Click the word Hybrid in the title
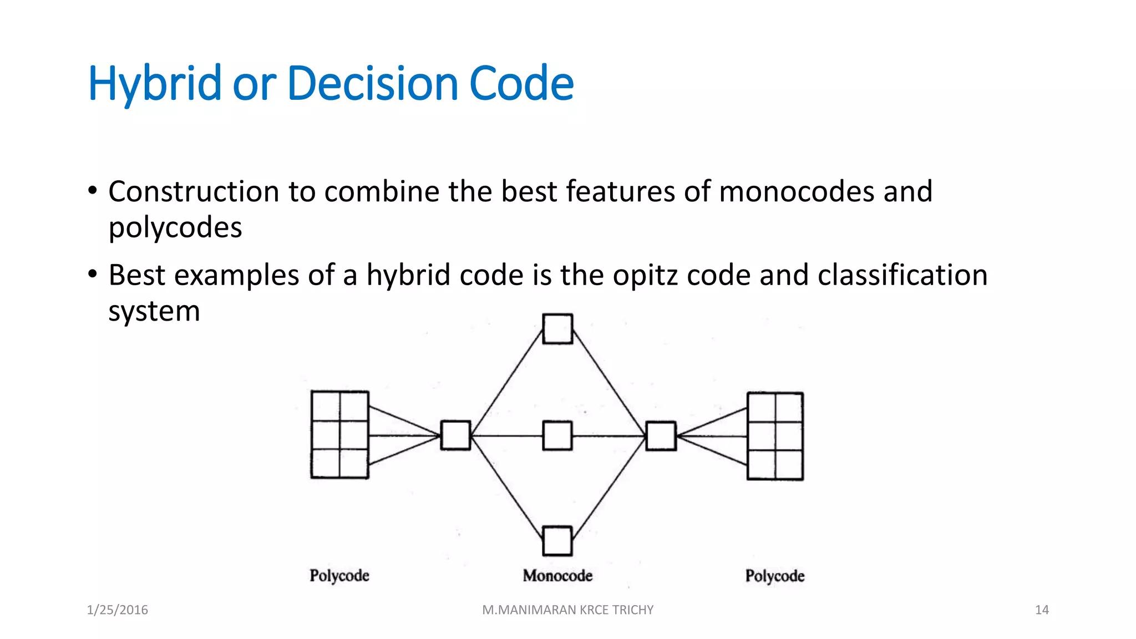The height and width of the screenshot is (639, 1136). point(154,84)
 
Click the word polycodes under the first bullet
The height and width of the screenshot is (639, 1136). point(175,228)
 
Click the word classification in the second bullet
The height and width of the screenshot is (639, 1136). point(902,275)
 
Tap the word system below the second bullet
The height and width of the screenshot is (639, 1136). point(154,311)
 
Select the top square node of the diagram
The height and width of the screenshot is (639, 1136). point(557,329)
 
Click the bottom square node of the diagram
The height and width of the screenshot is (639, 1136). point(557,541)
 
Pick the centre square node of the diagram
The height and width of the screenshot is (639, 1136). point(557,435)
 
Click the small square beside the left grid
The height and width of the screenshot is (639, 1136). point(455,435)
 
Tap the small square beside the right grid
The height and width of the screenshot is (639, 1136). point(661,436)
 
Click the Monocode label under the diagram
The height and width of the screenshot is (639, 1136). point(557,576)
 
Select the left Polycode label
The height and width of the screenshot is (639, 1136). point(339,576)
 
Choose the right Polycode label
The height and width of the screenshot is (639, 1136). point(774,576)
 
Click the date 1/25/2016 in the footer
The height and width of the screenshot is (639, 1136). point(117,610)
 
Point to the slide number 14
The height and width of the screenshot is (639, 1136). point(1041,610)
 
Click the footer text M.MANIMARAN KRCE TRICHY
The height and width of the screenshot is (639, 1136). point(567,610)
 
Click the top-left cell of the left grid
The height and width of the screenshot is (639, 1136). point(326,407)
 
